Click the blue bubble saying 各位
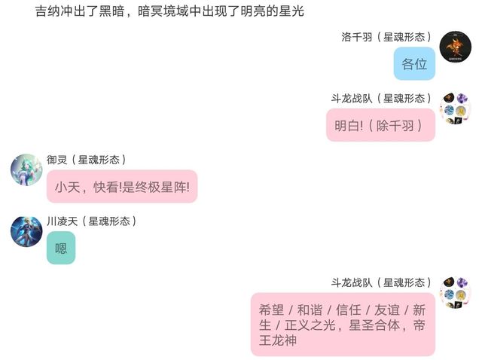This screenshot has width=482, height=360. [414, 63]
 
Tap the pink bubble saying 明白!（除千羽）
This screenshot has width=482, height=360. [380, 125]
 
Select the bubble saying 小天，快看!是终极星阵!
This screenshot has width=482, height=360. [122, 187]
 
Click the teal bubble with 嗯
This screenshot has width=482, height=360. [61, 248]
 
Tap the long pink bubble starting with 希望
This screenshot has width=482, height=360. [343, 325]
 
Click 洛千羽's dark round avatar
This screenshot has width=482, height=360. [455, 47]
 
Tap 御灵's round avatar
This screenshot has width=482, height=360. [26, 169]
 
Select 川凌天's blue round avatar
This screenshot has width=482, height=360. [26, 231]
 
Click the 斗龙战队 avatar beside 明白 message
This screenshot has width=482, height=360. [455, 108]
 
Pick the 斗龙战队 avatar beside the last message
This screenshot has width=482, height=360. [455, 293]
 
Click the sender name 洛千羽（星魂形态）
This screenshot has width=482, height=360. [386, 37]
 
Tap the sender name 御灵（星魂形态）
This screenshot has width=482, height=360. [87, 160]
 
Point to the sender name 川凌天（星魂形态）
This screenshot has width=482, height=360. [92, 221]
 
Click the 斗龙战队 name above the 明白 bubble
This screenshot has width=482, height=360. [382, 99]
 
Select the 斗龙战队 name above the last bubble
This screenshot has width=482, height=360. [382, 283]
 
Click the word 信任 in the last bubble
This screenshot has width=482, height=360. [349, 310]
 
